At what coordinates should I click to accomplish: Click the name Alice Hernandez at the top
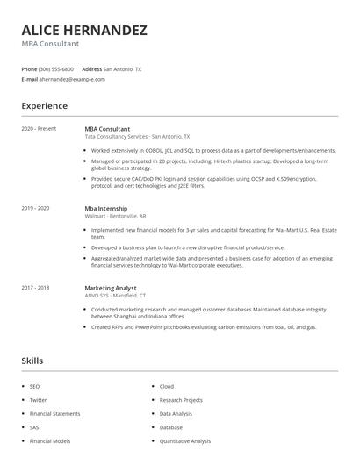click(x=84, y=30)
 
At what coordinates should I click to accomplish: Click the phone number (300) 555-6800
click(x=56, y=68)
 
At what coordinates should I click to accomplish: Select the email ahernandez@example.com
click(x=71, y=79)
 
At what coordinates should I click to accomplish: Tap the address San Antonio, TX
click(x=122, y=68)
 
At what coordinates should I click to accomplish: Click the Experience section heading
click(x=44, y=106)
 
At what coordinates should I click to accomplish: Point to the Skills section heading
click(x=32, y=361)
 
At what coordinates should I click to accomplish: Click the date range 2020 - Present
click(x=39, y=129)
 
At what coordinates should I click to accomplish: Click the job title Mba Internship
click(x=105, y=208)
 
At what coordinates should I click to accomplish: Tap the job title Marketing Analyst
click(x=110, y=287)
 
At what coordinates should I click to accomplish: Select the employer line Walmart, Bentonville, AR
click(x=115, y=216)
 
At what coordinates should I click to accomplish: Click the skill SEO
click(x=34, y=386)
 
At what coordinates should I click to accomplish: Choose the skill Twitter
click(x=38, y=399)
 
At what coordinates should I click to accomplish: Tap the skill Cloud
click(x=167, y=386)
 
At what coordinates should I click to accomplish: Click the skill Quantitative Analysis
click(x=184, y=440)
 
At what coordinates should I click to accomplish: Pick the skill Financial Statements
click(x=54, y=412)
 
